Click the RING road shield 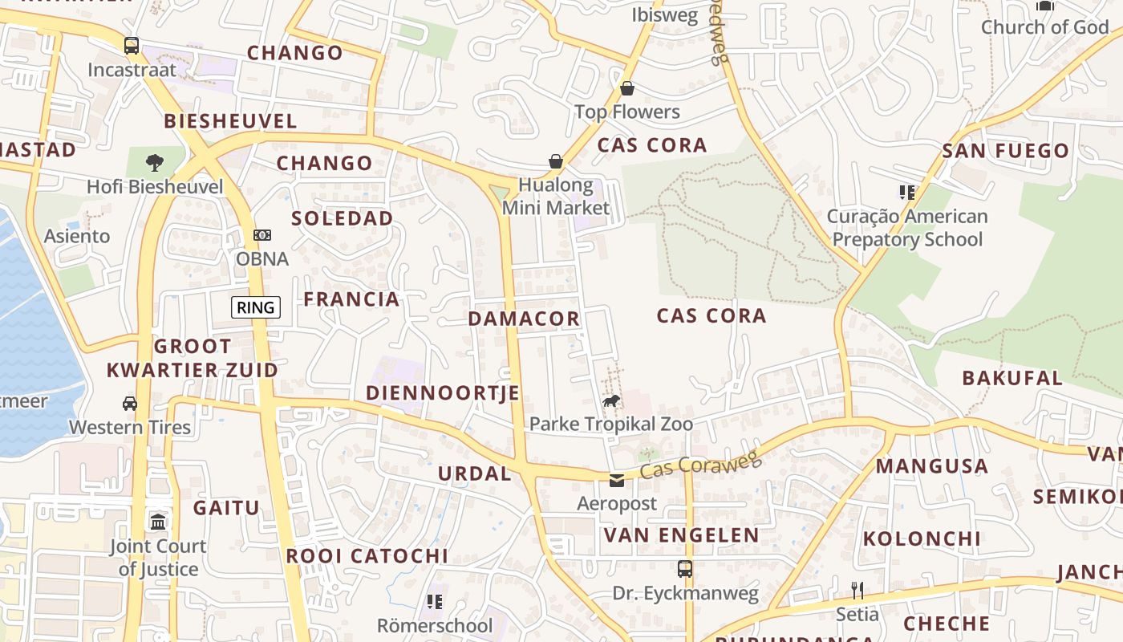[256, 307]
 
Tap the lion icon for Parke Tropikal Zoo [611, 400]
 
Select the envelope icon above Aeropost [617, 481]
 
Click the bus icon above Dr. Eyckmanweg [684, 569]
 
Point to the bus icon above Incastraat [132, 46]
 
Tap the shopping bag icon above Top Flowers [627, 88]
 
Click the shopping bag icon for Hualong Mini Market [555, 162]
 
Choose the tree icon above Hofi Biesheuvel [154, 164]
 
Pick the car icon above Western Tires [130, 403]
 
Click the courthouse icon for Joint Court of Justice [158, 522]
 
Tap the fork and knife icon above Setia [857, 591]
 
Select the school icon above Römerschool [435, 601]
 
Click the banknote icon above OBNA [261, 235]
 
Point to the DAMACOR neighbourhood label [524, 319]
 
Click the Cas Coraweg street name [699, 464]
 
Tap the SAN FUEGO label [1006, 151]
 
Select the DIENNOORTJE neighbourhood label [443, 393]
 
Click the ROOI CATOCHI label [367, 555]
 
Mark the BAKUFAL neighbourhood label [1012, 378]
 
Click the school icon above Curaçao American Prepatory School [907, 193]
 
